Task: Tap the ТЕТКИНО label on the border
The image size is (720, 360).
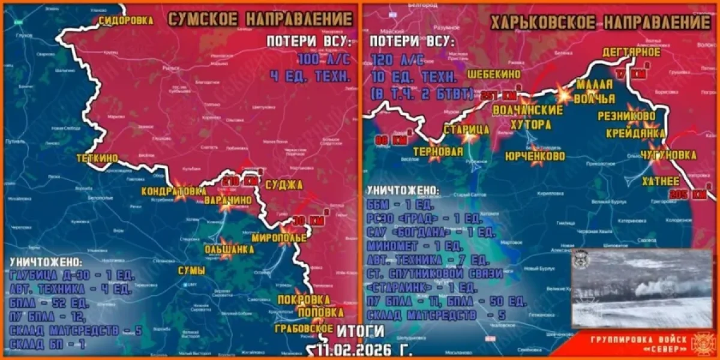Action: (97, 158)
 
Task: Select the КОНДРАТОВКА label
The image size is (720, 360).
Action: (170, 191)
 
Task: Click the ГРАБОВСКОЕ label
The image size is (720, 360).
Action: (304, 329)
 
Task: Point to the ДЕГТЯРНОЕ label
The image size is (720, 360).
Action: (632, 52)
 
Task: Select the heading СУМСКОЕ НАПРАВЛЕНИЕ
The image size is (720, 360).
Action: (259, 19)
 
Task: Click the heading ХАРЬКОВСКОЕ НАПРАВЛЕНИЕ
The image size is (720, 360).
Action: (600, 23)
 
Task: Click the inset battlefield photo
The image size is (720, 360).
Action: (641, 289)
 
